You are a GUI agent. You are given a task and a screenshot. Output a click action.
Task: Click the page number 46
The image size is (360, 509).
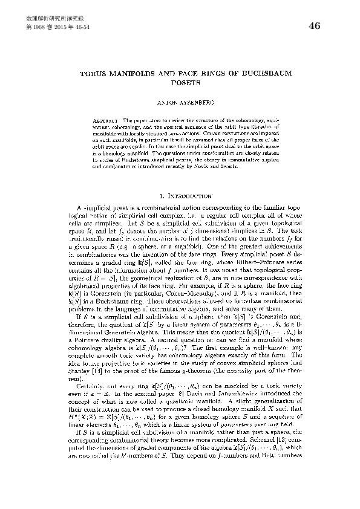[x=314, y=25]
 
